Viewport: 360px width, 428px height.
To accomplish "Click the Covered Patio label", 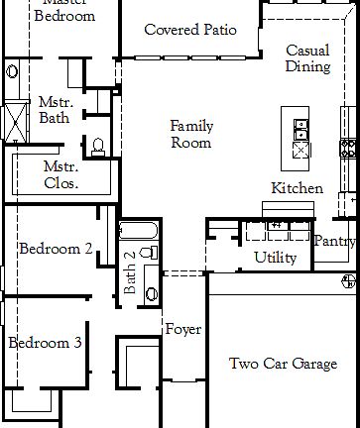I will (x=189, y=30).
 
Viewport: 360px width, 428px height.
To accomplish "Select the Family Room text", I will (x=190, y=135).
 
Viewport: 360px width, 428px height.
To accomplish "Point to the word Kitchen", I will (x=297, y=188).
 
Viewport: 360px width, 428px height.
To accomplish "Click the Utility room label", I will (x=275, y=258).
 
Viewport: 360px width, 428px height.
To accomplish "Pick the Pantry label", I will (x=334, y=241).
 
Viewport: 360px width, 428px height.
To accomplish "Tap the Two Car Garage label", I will (x=283, y=364).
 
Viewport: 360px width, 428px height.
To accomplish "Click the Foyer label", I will (x=183, y=329).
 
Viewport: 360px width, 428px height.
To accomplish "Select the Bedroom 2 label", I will (x=57, y=249).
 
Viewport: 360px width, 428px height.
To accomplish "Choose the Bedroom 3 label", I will (x=45, y=343).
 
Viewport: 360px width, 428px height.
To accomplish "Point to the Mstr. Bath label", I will (x=54, y=110).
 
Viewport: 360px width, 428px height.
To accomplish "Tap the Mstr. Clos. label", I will (x=61, y=175).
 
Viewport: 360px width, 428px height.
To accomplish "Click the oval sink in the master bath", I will (x=11, y=71).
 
